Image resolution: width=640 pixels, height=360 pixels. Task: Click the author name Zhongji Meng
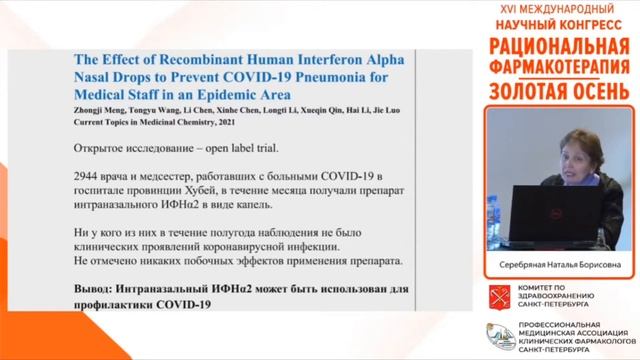coord(103,113)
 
